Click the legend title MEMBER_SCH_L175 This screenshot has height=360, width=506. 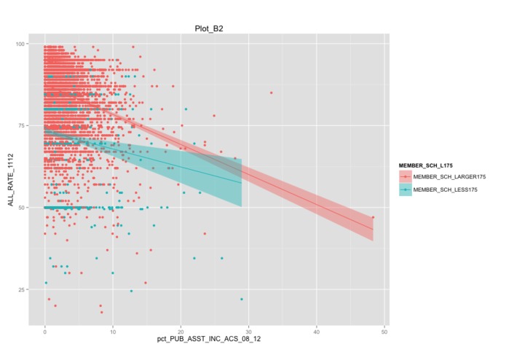pyautogui.click(x=425, y=166)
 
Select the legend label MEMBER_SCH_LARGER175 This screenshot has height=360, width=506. pyautogui.click(x=449, y=177)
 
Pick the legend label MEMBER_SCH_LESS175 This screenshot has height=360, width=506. pyautogui.click(x=446, y=189)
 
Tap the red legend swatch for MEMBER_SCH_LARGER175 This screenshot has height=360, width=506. pyautogui.click(x=405, y=177)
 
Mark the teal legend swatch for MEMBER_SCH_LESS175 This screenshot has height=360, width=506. pyautogui.click(x=405, y=189)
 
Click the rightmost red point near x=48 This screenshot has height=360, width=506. pyautogui.click(x=373, y=217)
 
